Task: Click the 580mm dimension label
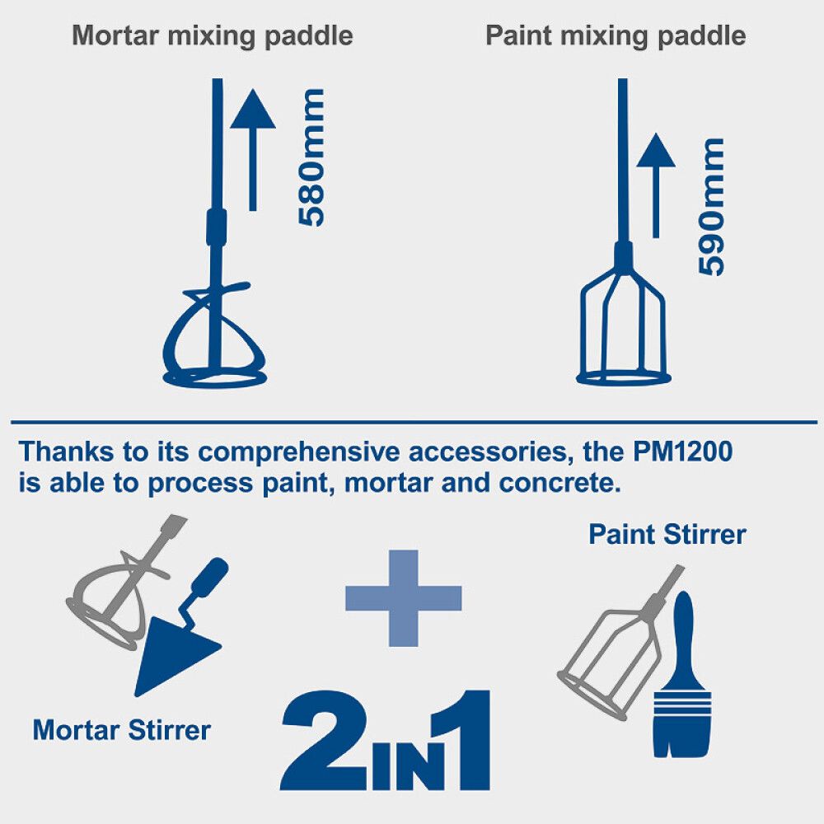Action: (x=311, y=157)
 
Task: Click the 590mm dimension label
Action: (x=711, y=207)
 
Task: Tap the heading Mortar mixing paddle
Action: (x=213, y=36)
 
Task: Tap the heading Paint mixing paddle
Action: (x=616, y=36)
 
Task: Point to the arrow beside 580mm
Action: (x=253, y=150)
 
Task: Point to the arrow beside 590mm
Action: (x=655, y=185)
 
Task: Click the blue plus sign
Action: (x=403, y=598)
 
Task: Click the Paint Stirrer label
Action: (x=667, y=535)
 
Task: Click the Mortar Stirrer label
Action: (x=121, y=730)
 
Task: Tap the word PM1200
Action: (x=682, y=452)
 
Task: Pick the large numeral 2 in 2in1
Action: (x=325, y=740)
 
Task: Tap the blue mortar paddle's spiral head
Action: (x=214, y=335)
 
